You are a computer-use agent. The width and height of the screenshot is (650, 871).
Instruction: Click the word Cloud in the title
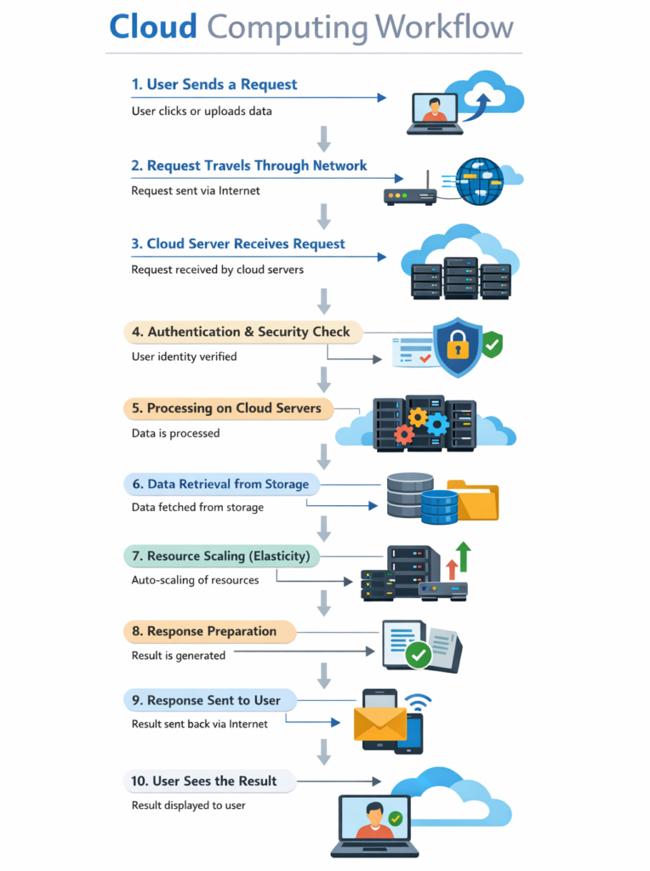[153, 27]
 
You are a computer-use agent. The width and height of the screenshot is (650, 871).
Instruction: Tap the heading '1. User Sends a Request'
[214, 84]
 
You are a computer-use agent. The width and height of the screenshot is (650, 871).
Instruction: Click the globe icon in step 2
[479, 180]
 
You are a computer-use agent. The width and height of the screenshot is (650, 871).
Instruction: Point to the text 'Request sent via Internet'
[196, 191]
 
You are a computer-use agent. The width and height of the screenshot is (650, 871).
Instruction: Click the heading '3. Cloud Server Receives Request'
[238, 244]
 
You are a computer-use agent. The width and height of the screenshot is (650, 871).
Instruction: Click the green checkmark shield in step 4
[492, 344]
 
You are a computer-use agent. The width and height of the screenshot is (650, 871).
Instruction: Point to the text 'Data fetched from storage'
[197, 507]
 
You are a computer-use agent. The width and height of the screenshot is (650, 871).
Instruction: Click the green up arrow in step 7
[463, 555]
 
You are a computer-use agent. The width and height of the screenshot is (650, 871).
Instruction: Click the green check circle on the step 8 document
[418, 654]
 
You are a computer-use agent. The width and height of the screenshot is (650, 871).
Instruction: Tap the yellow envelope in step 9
[380, 723]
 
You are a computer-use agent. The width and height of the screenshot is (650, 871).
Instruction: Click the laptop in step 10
[374, 824]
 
